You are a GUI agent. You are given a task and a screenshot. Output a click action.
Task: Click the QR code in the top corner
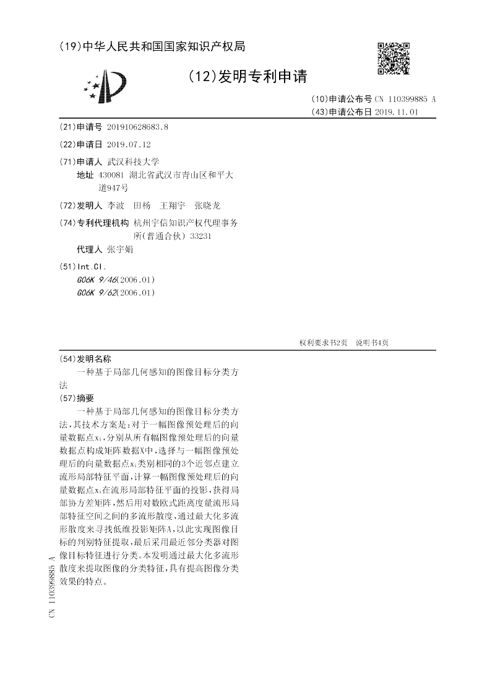pyautogui.click(x=394, y=58)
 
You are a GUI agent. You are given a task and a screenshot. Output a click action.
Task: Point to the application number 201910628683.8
pyautogui.click(x=137, y=127)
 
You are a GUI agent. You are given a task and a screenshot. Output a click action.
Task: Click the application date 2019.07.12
pyautogui.click(x=129, y=144)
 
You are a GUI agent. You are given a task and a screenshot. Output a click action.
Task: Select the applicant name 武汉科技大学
pyautogui.click(x=133, y=162)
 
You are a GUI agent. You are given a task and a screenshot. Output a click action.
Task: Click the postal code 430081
pyautogui.click(x=112, y=175)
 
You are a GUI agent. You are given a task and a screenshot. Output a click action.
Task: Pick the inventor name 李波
pyautogui.click(x=116, y=205)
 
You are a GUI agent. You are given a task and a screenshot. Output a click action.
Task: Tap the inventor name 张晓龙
pyautogui.click(x=207, y=205)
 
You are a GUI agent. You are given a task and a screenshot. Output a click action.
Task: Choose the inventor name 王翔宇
pyautogui.click(x=173, y=205)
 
